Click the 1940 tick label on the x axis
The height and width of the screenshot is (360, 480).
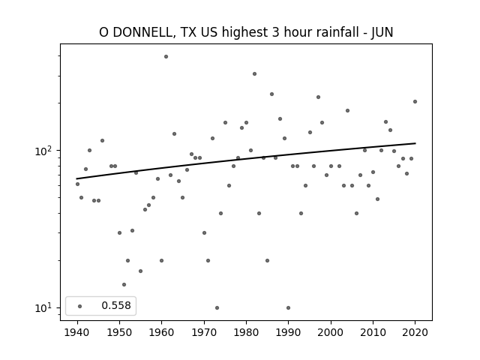coord(77,332)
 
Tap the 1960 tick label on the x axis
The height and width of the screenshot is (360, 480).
coord(162,332)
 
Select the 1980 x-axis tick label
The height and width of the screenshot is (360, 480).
coord(246,332)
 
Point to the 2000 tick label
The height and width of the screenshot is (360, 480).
coord(331,332)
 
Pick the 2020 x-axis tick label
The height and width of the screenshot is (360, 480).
coord(415,332)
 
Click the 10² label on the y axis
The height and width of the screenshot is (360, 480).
coord(45,151)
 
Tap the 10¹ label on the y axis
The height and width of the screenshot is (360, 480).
coord(45,307)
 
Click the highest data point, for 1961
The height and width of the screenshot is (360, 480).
coord(166,57)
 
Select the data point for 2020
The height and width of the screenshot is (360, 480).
coord(415,102)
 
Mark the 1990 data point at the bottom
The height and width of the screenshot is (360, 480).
coord(288,308)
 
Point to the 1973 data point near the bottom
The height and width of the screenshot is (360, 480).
coord(217,308)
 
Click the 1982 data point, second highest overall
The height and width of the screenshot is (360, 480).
coord(254,73)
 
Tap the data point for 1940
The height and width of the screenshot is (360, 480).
coord(77,184)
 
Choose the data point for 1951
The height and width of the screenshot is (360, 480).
coord(124,285)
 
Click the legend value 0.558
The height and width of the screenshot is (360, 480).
coord(116,305)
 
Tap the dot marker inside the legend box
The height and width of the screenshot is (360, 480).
coord(80,306)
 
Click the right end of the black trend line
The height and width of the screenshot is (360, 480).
coord(415,143)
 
